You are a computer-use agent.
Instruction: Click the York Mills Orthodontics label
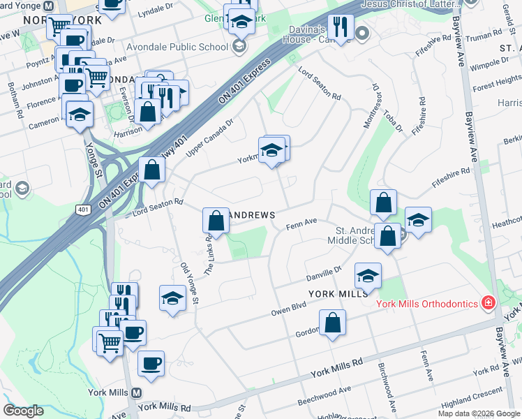point(427,304)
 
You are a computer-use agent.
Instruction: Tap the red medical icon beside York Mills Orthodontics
point(489,303)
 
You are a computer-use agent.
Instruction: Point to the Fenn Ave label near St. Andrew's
point(301,223)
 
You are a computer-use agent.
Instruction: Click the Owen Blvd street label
point(289,308)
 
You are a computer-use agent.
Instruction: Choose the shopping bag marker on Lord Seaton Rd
point(151,170)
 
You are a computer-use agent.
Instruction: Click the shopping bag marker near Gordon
point(333,323)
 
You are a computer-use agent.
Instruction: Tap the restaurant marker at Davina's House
point(341,27)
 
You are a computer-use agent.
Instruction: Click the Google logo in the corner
point(23,411)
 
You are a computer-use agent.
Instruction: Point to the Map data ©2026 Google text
point(479,413)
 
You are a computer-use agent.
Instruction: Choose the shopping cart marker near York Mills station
point(110,342)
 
